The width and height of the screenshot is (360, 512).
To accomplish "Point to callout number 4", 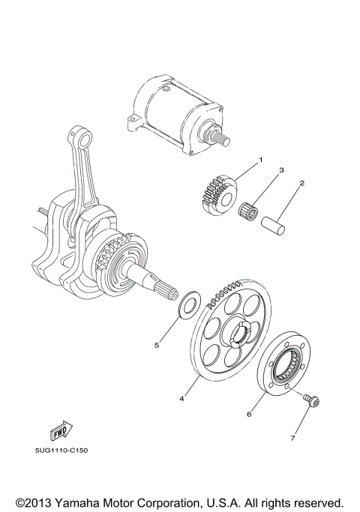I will click(x=181, y=399).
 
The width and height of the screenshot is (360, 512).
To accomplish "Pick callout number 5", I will click(x=157, y=346).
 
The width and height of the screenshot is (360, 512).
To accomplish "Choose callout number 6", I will click(x=250, y=412).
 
